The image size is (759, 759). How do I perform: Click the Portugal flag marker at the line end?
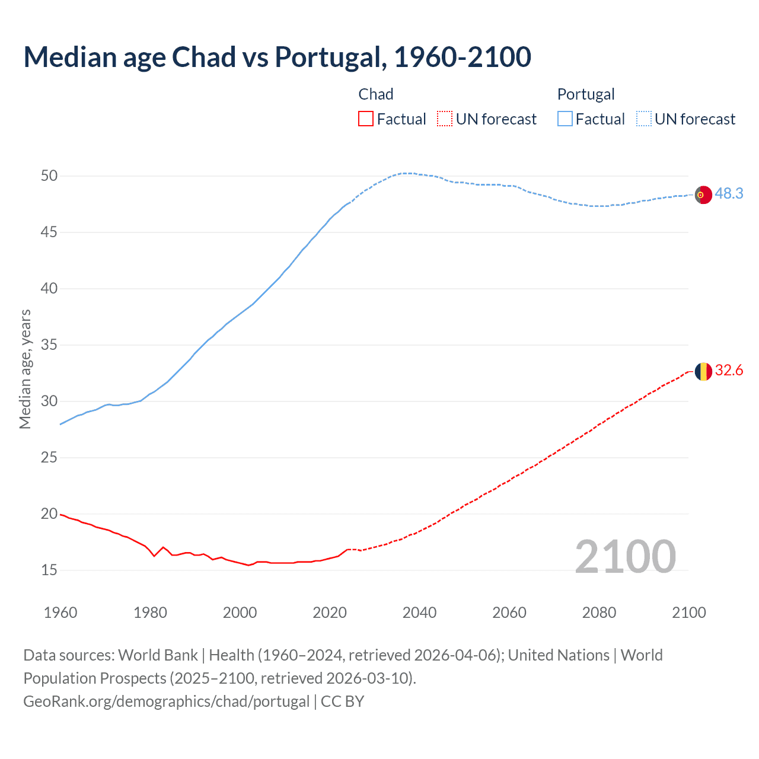(703, 194)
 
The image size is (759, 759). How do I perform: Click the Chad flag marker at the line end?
(703, 371)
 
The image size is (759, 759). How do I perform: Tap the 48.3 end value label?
(729, 194)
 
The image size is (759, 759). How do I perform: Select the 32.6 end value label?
(729, 371)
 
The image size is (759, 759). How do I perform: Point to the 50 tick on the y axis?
(49, 176)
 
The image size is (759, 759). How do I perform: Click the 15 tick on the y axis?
(49, 570)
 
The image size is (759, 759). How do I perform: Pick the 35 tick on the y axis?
(49, 345)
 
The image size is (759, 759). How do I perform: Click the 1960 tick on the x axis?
(60, 613)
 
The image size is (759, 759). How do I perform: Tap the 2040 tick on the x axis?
(419, 613)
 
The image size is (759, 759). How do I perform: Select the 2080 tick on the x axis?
(599, 613)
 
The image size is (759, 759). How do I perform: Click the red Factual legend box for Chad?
(366, 119)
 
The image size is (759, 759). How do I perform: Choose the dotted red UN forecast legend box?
(445, 119)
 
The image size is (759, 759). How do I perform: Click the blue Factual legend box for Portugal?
(565, 119)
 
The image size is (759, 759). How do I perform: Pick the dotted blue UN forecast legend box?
(643, 119)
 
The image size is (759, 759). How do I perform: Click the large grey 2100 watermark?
(625, 557)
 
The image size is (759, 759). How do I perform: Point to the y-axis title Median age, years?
(25, 369)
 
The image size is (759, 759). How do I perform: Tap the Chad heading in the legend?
(376, 94)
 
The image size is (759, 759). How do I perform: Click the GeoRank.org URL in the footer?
(166, 701)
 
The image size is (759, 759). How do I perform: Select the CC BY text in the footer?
(342, 701)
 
